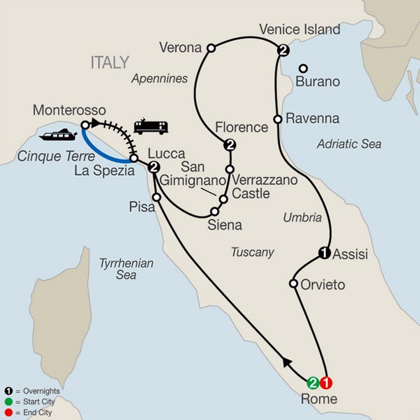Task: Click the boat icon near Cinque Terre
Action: (55, 134)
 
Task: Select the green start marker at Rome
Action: (314, 382)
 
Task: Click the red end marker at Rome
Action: (325, 382)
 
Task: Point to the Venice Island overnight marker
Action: (282, 50)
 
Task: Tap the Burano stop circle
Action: (304, 69)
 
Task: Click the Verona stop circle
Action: (210, 48)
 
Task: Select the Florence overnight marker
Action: (229, 146)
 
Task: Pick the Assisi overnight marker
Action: (324, 253)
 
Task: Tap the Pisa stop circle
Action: (157, 197)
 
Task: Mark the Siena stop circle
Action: (214, 210)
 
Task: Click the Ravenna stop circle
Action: (278, 119)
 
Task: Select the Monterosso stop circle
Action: (85, 125)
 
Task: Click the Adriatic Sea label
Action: (349, 144)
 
